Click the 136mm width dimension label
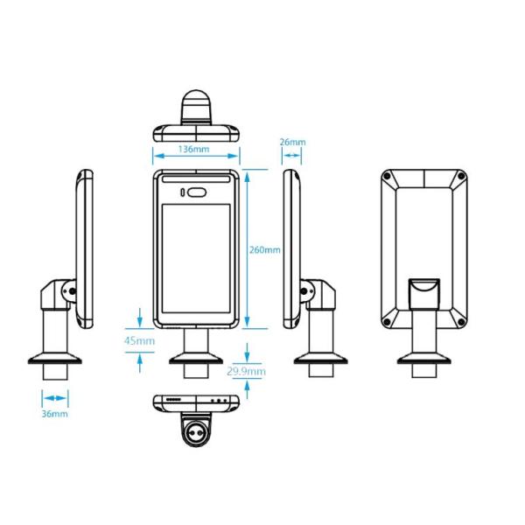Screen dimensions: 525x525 [x=193, y=149]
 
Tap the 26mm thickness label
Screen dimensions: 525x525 [x=292, y=142]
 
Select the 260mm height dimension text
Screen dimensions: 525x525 [x=264, y=249]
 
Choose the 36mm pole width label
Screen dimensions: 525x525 [x=54, y=413]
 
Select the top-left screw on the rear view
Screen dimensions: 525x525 [x=386, y=178]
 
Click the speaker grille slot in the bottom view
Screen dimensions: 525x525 [x=172, y=400]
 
